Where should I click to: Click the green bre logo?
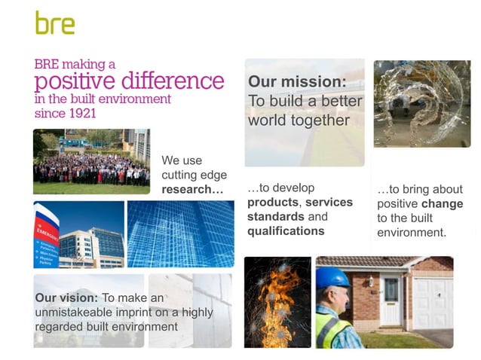click(55, 23)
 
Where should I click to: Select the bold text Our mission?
click(297, 81)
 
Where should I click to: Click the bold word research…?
click(193, 189)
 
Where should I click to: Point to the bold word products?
click(273, 203)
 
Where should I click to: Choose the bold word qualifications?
click(286, 231)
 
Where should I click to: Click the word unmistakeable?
click(78, 312)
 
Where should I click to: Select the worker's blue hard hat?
click(332, 277)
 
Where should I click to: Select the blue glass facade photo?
click(180, 233)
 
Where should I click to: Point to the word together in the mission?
click(320, 121)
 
